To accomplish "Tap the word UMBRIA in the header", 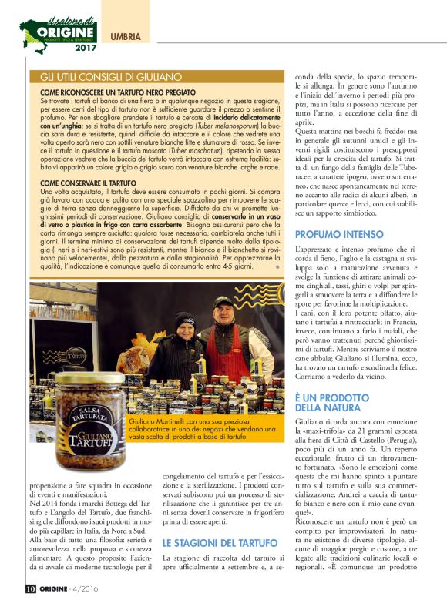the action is (126, 36).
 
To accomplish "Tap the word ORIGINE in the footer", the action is (61, 590).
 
